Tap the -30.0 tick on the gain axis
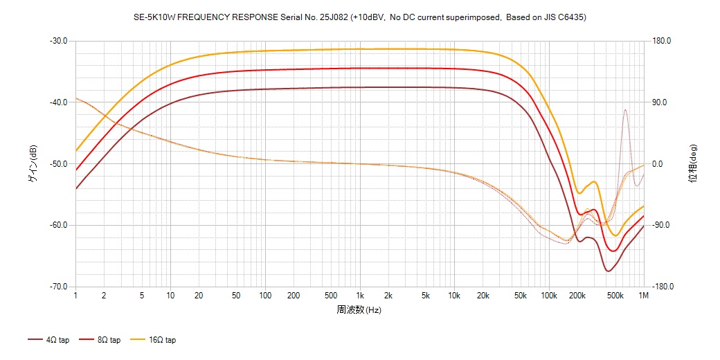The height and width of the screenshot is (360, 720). tap(58, 41)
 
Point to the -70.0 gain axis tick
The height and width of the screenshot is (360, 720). tap(58, 287)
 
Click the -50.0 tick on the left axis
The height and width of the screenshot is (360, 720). tap(58, 164)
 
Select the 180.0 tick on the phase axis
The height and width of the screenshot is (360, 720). tap(662, 41)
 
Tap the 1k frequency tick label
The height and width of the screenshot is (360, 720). tap(359, 296)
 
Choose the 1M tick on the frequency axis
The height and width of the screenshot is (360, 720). tap(644, 296)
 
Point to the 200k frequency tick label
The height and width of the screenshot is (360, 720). tap(577, 296)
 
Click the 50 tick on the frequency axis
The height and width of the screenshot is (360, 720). tap(236, 296)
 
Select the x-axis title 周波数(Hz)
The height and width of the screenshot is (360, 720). tap(359, 310)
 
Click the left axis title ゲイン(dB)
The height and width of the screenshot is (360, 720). tap(33, 164)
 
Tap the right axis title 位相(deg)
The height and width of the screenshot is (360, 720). tap(692, 164)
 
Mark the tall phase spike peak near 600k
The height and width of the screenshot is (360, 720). tap(625, 109)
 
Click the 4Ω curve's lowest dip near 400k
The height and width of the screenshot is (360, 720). tap(608, 271)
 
